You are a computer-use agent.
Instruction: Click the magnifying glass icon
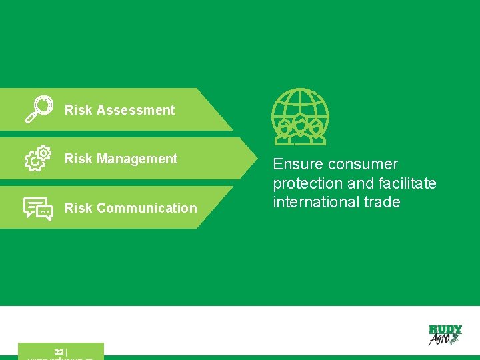(38, 109)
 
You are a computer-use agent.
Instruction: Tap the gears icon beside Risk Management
(38, 159)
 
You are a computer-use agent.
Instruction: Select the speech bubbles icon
(38, 208)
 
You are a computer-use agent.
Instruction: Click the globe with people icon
(300, 117)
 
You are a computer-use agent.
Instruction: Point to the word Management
(137, 159)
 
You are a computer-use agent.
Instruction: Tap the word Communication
(147, 208)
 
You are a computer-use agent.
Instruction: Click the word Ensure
(298, 164)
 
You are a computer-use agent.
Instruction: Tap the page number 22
(59, 352)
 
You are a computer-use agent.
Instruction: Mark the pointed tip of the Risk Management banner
(259, 159)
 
